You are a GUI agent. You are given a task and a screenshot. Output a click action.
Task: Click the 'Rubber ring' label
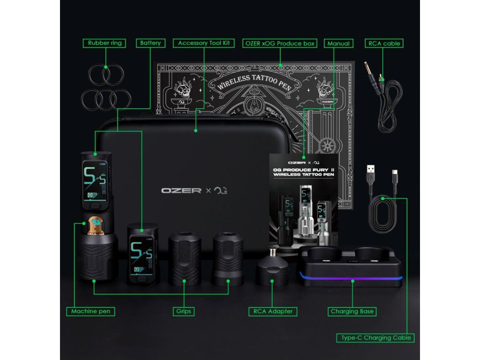pos(105,43)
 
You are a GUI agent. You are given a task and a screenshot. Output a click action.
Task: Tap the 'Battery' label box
pos(150,43)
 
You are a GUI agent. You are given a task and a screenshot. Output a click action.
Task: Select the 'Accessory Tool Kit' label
pos(204,43)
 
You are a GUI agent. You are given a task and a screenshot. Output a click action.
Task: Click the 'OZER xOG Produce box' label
pos(280,43)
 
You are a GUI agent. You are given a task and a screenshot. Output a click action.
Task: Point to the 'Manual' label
pos(338,43)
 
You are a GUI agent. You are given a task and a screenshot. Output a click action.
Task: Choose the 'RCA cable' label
pos(384,43)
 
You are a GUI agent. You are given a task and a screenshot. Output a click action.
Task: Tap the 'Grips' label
pos(184,311)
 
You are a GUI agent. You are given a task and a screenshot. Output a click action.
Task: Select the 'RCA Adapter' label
pos(273,311)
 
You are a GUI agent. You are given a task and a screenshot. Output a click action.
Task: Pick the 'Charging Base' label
pos(352,311)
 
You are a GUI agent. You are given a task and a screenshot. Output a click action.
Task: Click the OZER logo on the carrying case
pos(181,191)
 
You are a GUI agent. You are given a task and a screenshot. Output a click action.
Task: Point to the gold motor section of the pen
pos(96,225)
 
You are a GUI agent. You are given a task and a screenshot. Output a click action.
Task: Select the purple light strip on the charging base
pos(352,280)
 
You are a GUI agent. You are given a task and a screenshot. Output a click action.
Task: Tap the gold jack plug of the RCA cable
pos(369,71)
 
